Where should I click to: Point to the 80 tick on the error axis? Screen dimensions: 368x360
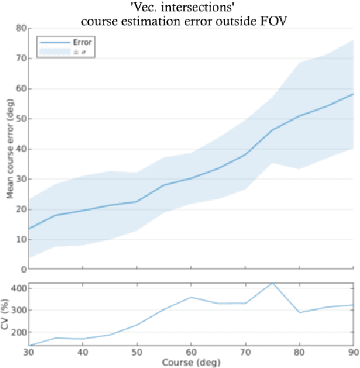point(21,28)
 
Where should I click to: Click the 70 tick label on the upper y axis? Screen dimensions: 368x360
point(21,59)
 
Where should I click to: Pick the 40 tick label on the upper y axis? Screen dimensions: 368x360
point(21,149)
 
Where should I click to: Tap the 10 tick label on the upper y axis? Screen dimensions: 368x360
point(21,240)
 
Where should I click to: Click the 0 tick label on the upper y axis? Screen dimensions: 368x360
point(23,269)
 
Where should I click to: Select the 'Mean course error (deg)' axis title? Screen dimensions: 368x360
point(10,149)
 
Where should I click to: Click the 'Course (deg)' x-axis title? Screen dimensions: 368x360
point(190,362)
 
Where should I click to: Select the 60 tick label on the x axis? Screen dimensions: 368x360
point(190,352)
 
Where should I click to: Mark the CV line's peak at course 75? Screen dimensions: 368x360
point(272,283)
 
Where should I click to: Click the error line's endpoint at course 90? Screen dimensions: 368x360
point(352,94)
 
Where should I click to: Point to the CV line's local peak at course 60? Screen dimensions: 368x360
point(190,297)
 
